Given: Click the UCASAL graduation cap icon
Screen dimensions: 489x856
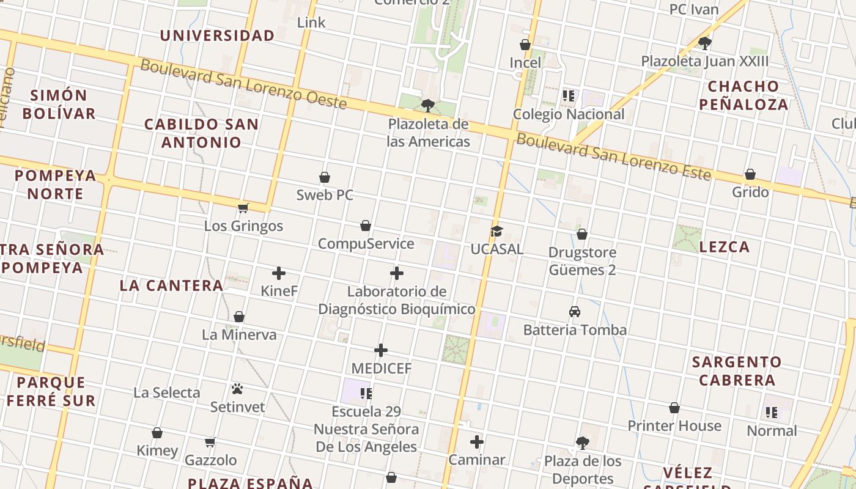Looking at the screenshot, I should pos(496,232).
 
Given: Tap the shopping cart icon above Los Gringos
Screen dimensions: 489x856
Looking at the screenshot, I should pos(243,208).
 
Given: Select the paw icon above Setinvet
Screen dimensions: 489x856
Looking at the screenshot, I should pos(237,389).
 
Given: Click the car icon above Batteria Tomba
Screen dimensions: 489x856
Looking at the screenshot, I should pos(575,312).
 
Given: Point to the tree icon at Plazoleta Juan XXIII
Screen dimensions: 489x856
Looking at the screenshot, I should pos(705,43).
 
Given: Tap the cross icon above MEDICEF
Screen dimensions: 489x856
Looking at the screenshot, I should pos(381,350).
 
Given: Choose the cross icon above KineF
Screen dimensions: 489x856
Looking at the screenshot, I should pos(279,273).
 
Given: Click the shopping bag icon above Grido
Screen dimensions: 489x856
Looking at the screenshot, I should pos(750,174).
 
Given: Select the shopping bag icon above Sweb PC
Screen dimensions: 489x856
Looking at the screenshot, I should pos(325,177).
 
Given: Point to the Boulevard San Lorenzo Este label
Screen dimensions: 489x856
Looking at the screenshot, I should pos(614,157).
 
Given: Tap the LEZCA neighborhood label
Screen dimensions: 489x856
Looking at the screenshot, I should pos(725,247).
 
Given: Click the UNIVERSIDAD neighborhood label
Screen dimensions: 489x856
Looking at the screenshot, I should pos(217,35).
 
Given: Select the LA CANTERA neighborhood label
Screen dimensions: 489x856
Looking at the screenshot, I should pos(172,285).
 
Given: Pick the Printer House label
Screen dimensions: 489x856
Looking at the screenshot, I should pos(674,425).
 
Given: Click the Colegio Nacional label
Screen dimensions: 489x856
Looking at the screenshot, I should pos(569,114).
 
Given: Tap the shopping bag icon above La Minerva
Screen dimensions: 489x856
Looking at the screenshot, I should pos(239,317).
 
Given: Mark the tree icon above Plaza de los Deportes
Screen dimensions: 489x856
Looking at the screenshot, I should pos(583,443).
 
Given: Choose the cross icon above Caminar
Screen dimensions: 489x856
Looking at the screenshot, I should pos(477,442).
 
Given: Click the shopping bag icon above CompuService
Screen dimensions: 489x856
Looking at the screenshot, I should pos(366,226).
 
